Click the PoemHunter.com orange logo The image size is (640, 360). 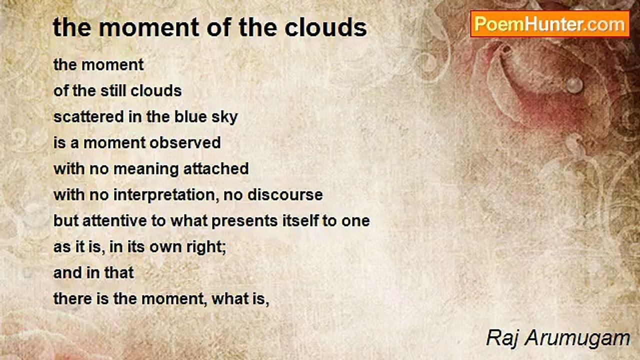550,24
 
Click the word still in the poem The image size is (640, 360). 113,91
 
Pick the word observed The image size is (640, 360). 185,142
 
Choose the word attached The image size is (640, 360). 216,168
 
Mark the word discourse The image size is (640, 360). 285,194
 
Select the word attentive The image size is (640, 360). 114,220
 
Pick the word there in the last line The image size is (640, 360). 72,299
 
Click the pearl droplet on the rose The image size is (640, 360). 574,84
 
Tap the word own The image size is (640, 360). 165,247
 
